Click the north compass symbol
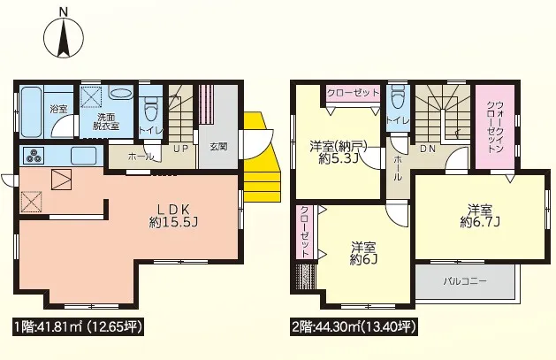click(64, 36)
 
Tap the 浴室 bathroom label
click(59, 109)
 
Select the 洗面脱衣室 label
click(106, 121)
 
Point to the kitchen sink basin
click(84, 156)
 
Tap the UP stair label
click(181, 149)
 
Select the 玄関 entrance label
click(218, 147)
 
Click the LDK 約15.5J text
click(174, 215)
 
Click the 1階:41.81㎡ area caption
click(78, 327)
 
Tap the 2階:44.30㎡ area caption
click(354, 327)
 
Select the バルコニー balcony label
click(465, 281)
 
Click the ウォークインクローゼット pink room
click(494, 127)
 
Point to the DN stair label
click(428, 149)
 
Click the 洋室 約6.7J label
click(479, 216)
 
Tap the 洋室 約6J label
click(363, 253)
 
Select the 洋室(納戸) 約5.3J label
click(338, 152)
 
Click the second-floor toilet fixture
click(398, 96)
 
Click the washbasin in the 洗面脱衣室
click(120, 93)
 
